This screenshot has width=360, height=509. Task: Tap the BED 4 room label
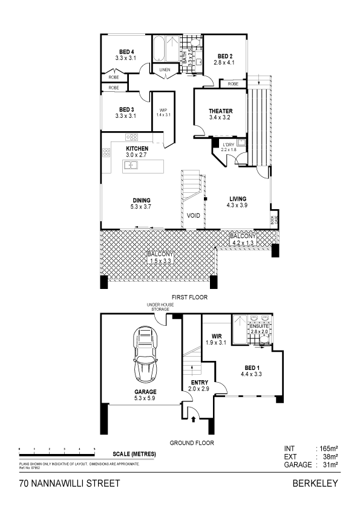click(125, 52)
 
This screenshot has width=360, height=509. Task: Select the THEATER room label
click(220, 111)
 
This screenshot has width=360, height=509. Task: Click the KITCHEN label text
click(137, 149)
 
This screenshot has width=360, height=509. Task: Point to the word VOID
click(194, 215)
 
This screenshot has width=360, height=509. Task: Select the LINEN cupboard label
click(165, 70)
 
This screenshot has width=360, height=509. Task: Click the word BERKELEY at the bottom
click(315, 483)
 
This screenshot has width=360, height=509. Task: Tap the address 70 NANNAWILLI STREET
click(70, 483)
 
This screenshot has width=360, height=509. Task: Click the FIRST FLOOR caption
click(189, 297)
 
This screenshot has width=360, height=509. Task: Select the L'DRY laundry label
click(228, 145)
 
